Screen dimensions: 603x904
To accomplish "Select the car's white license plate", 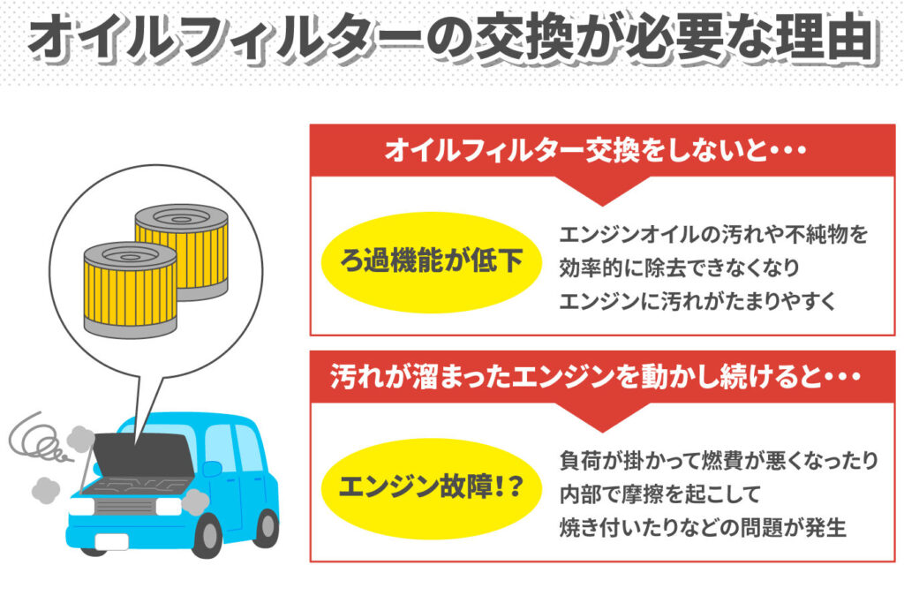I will tap(112, 540).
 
